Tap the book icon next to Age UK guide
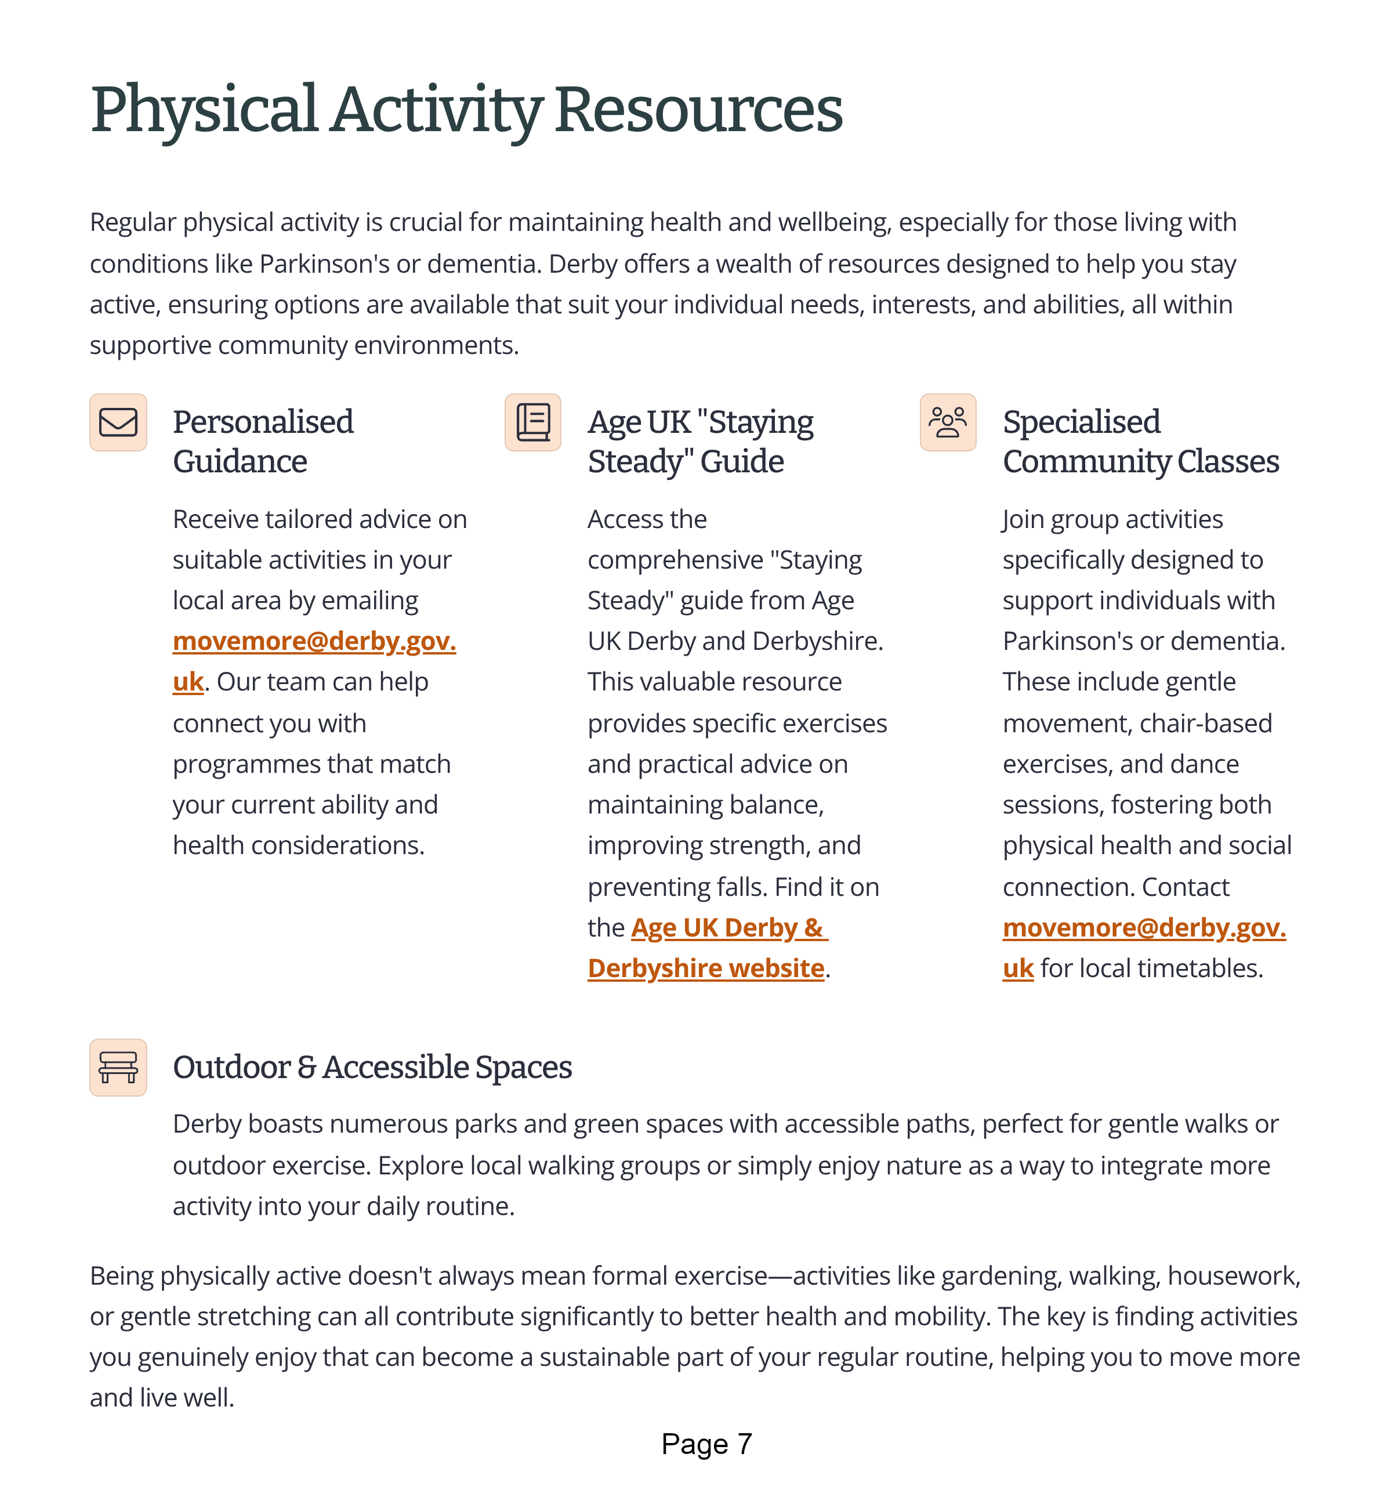tap(532, 422)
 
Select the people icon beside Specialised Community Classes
tap(947, 422)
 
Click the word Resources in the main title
tap(698, 110)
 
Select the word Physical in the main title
tap(203, 110)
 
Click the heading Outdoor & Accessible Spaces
tap(372, 1067)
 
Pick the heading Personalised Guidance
tap(263, 442)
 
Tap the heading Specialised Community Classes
tap(1140, 442)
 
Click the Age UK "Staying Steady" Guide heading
tap(700, 442)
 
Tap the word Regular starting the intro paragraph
tap(133, 223)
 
